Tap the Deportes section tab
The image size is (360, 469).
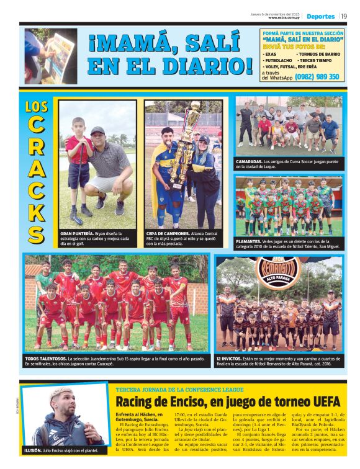pyautogui.click(x=320, y=16)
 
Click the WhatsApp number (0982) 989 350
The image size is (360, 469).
pyautogui.click(x=317, y=77)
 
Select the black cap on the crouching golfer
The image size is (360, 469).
pyautogui.click(x=97, y=131)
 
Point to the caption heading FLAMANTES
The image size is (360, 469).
pyautogui.click(x=250, y=240)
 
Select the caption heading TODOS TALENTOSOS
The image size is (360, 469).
pyautogui.click(x=45, y=359)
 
